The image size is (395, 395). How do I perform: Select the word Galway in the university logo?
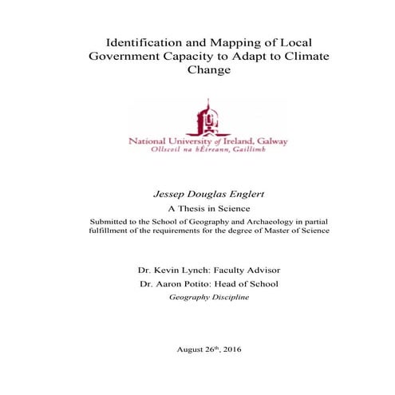click(x=271, y=141)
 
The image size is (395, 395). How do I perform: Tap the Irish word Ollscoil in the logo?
click(x=160, y=150)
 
